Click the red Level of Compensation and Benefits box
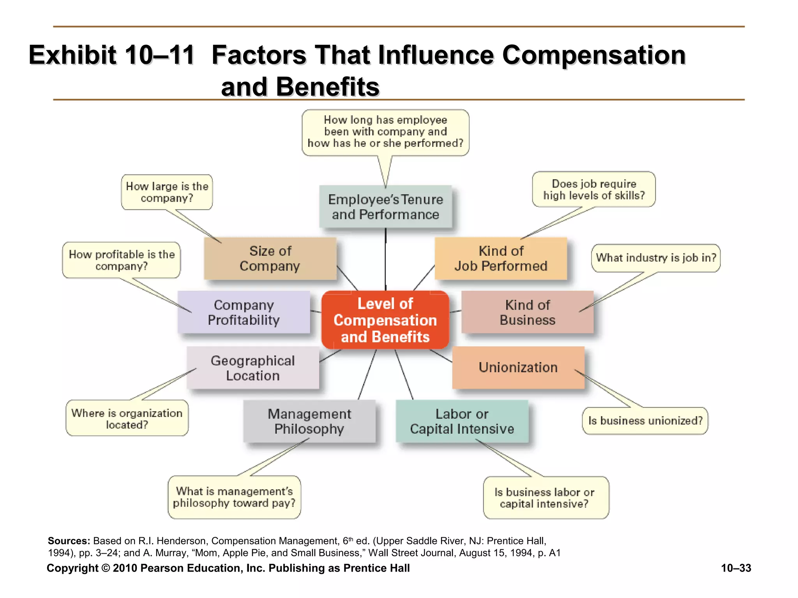385,320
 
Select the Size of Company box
270,259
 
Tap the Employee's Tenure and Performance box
385,207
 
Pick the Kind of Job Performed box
501,259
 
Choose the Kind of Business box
527,312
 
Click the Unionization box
518,368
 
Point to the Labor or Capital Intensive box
462,421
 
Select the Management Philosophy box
309,421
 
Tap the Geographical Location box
252,368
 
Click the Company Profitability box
244,312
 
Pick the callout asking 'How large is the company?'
167,192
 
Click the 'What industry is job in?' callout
656,258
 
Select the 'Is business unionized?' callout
645,421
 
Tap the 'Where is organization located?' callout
127,419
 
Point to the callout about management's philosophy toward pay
234,497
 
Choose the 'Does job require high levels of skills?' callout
594,189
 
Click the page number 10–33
736,568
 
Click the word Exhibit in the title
72,55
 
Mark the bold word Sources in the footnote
69,541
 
